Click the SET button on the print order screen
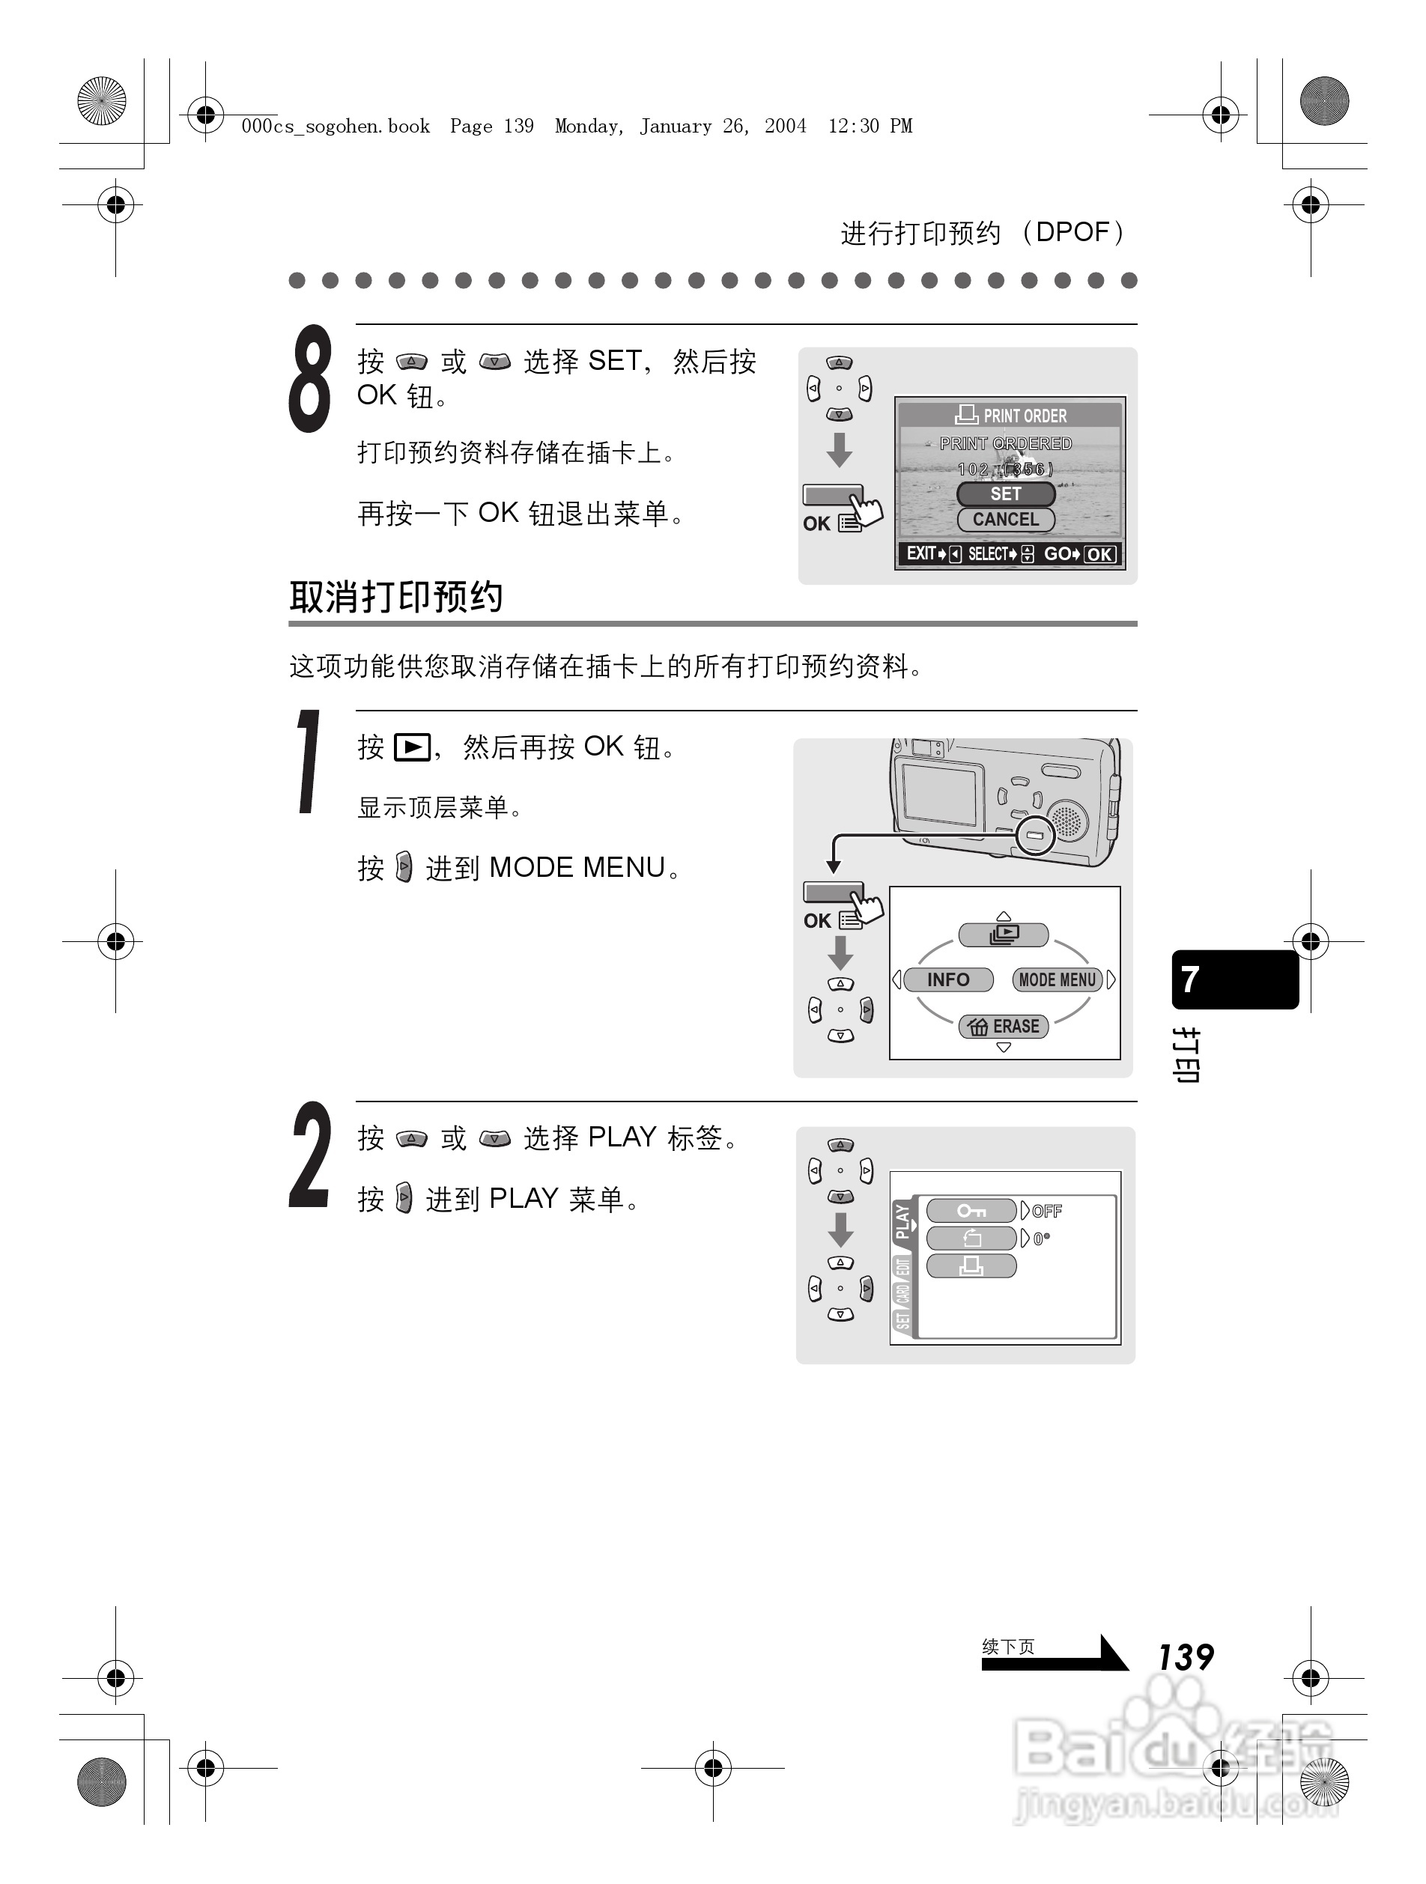point(1005,494)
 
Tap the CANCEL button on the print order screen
point(1005,520)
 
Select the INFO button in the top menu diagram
point(947,979)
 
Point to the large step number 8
point(310,379)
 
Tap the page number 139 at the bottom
point(1185,1657)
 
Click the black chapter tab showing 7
point(1234,979)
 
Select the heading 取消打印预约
point(395,596)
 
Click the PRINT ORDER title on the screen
point(1011,416)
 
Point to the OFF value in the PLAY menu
point(1047,1211)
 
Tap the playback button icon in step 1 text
point(412,748)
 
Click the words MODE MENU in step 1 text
point(577,867)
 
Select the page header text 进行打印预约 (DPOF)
point(984,233)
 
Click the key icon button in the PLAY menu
point(971,1210)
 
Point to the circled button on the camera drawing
point(1035,835)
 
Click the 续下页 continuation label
point(1008,1647)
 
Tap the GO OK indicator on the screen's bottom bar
point(1079,553)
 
